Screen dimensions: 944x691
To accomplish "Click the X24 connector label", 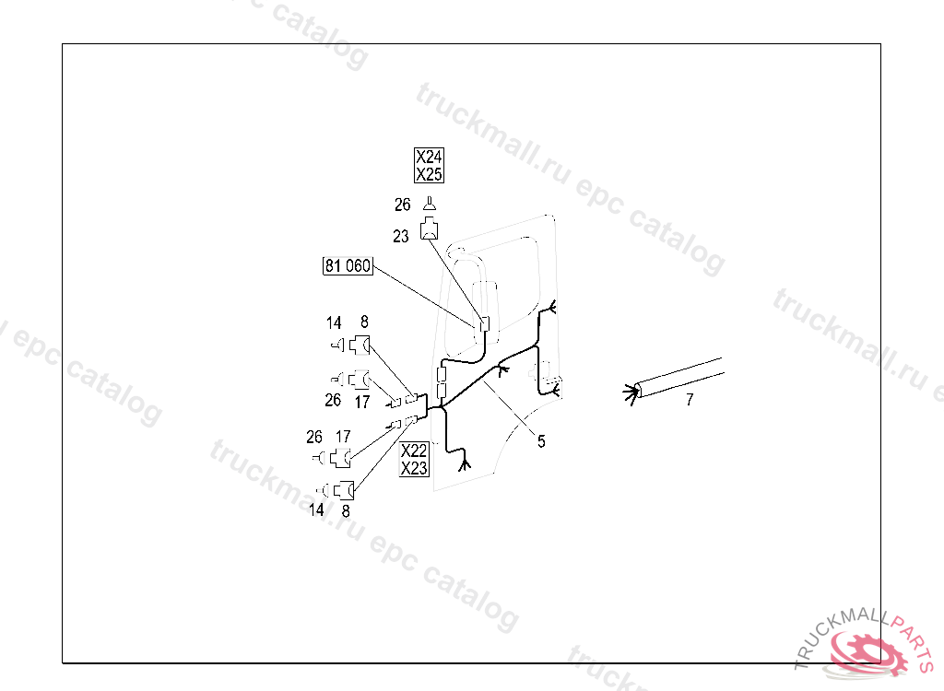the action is (x=429, y=158).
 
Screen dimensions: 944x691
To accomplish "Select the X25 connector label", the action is (x=429, y=174).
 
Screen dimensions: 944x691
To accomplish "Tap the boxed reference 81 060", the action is (x=347, y=266).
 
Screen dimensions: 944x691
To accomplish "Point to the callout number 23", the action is (x=400, y=237).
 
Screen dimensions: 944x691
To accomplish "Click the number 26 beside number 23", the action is (x=402, y=205).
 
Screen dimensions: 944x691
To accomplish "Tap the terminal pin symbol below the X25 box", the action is (x=430, y=205).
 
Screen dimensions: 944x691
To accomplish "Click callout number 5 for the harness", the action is (x=541, y=441).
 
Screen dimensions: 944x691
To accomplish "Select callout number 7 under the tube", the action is (x=690, y=399).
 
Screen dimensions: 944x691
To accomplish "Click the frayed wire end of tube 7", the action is (x=631, y=393).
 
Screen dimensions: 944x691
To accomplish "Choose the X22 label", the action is (x=414, y=451).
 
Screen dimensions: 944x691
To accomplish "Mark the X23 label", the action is (x=414, y=468).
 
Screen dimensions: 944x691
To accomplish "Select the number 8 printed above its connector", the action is (x=364, y=322).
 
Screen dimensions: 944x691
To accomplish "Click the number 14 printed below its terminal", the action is (x=316, y=509).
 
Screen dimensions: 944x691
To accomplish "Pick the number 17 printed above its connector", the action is (x=343, y=437).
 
